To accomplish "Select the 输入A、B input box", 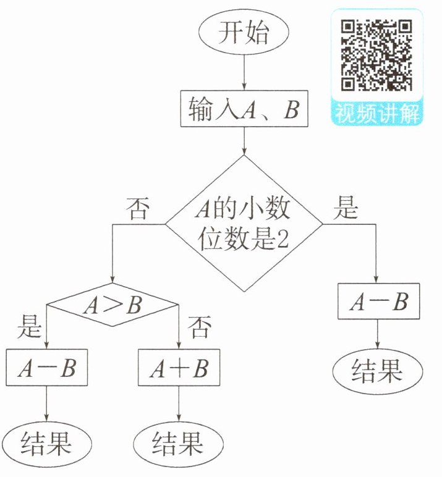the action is click(x=244, y=110).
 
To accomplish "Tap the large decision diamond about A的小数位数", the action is click(x=244, y=223).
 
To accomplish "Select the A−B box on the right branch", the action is click(x=377, y=302).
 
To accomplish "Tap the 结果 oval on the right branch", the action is click(x=377, y=371).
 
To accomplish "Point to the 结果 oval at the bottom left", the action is click(x=47, y=442).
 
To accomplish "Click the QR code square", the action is click(x=377, y=54).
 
